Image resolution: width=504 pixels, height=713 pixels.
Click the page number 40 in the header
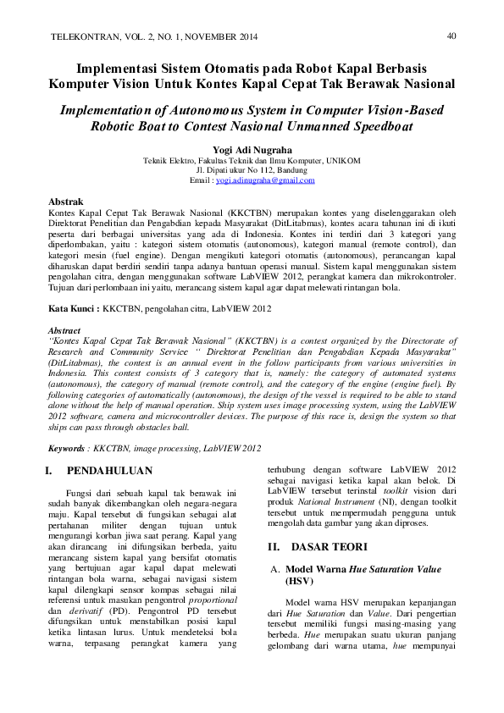451,36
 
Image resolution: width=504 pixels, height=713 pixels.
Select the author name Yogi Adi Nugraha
252,149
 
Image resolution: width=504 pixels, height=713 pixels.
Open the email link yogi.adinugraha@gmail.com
264,180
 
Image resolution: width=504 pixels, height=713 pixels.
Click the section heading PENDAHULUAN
109,471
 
